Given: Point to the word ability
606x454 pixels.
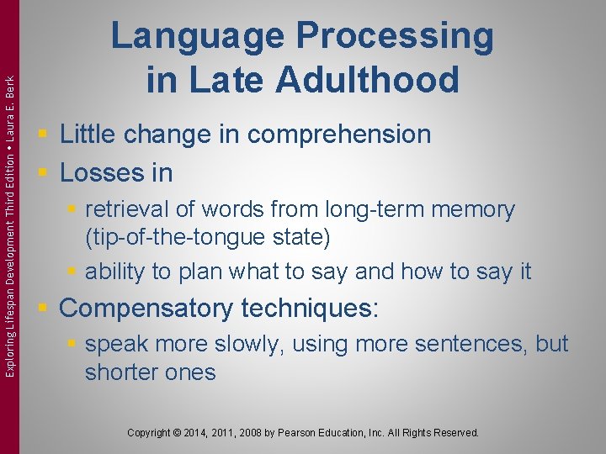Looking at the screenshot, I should coord(114,271).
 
